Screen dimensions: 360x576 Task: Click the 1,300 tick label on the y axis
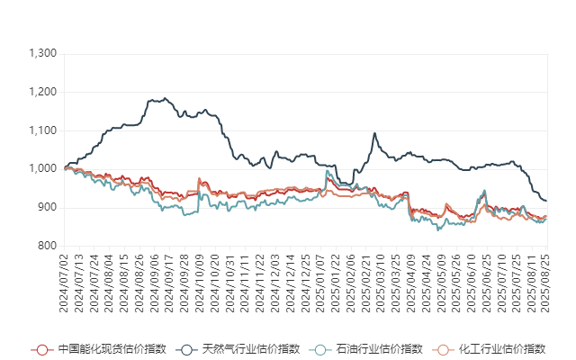point(42,54)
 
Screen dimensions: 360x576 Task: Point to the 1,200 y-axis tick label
point(42,92)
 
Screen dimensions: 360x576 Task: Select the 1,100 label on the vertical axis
point(42,130)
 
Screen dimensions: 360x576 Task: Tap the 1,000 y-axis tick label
point(42,168)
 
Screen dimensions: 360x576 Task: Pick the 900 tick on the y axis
point(47,207)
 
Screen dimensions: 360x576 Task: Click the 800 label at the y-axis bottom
point(47,245)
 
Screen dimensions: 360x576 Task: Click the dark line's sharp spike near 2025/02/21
point(374,134)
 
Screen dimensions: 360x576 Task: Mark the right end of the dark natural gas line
point(546,201)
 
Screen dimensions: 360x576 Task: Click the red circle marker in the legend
point(40,349)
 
